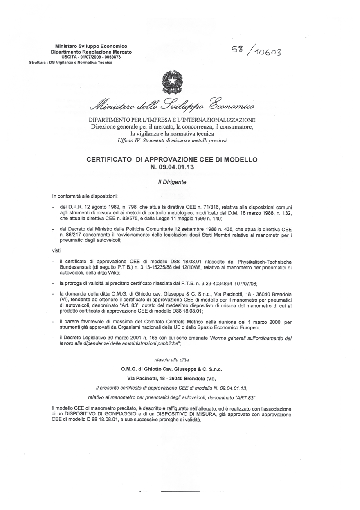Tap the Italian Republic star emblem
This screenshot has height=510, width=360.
pos(172,81)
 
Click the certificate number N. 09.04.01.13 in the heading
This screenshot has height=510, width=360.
pos(172,167)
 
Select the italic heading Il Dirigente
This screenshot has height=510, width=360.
pos(172,182)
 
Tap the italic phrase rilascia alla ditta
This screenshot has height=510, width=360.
pos(172,360)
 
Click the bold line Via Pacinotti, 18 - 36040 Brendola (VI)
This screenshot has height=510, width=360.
pos(172,378)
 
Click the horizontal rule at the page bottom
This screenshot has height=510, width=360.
pos(180,491)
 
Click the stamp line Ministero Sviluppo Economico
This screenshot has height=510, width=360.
pos(91,47)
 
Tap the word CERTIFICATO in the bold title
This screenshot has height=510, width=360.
pos(109,160)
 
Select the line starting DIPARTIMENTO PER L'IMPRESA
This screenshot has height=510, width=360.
pos(172,120)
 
